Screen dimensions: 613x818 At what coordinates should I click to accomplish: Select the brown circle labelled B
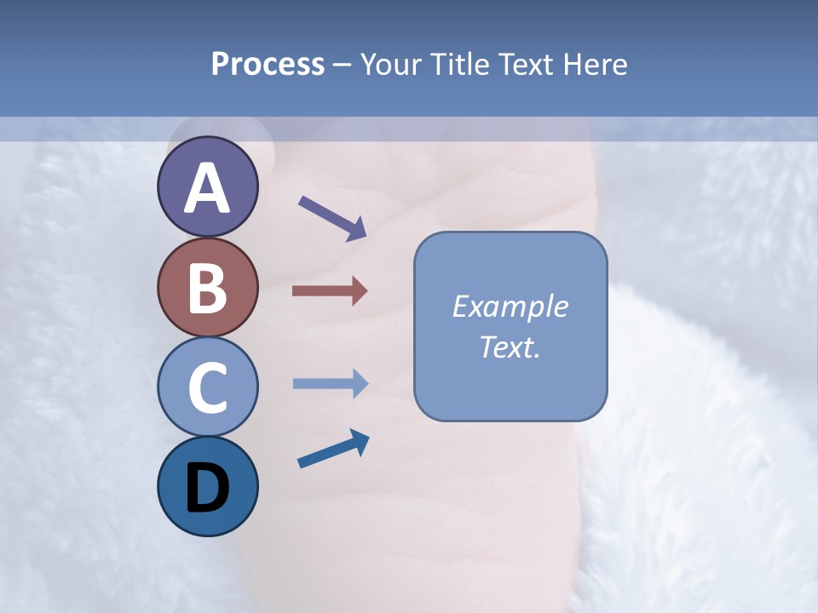coord(207,287)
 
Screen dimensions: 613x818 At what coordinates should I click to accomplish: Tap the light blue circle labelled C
coord(207,387)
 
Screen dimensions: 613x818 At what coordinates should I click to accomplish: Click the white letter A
coord(207,188)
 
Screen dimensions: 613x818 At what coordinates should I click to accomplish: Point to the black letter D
coord(207,490)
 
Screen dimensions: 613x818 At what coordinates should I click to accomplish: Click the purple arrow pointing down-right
coord(332,217)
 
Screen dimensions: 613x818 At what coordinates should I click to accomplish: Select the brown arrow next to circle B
coord(329,291)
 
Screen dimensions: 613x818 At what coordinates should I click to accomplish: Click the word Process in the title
coord(268,64)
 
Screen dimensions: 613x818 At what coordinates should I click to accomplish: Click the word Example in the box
coord(510,306)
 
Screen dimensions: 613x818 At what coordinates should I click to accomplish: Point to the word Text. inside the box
coord(510,347)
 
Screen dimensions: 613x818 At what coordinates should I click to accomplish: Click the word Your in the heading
coord(391,64)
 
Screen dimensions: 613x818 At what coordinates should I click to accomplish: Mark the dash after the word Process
coord(343,66)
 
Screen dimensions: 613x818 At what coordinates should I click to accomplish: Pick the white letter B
coord(207,289)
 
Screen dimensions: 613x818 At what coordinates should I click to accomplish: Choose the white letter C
coord(207,388)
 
